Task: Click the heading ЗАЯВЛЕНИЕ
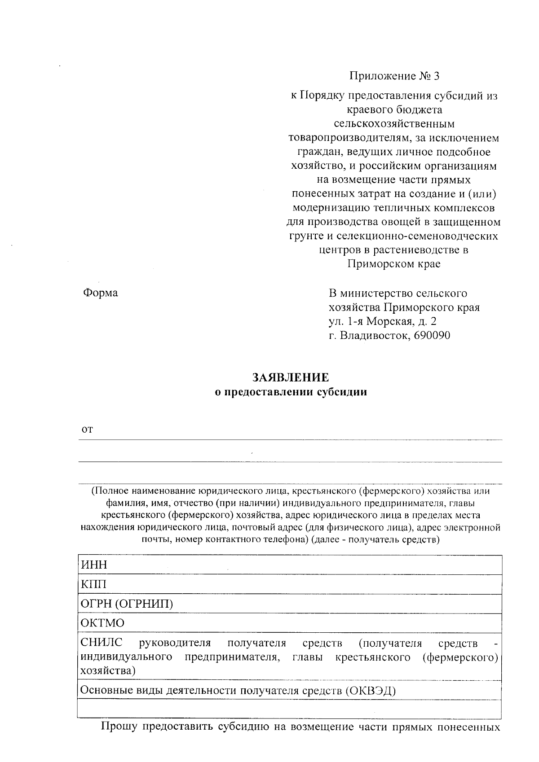290,377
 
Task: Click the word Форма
101,293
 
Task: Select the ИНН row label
93,565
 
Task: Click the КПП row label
93,584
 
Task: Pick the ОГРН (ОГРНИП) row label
126,604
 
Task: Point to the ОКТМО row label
102,623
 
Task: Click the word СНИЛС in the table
101,643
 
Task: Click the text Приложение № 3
394,76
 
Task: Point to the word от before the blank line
87,429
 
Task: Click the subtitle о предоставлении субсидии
291,392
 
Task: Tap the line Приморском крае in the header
394,264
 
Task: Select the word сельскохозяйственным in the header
394,123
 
